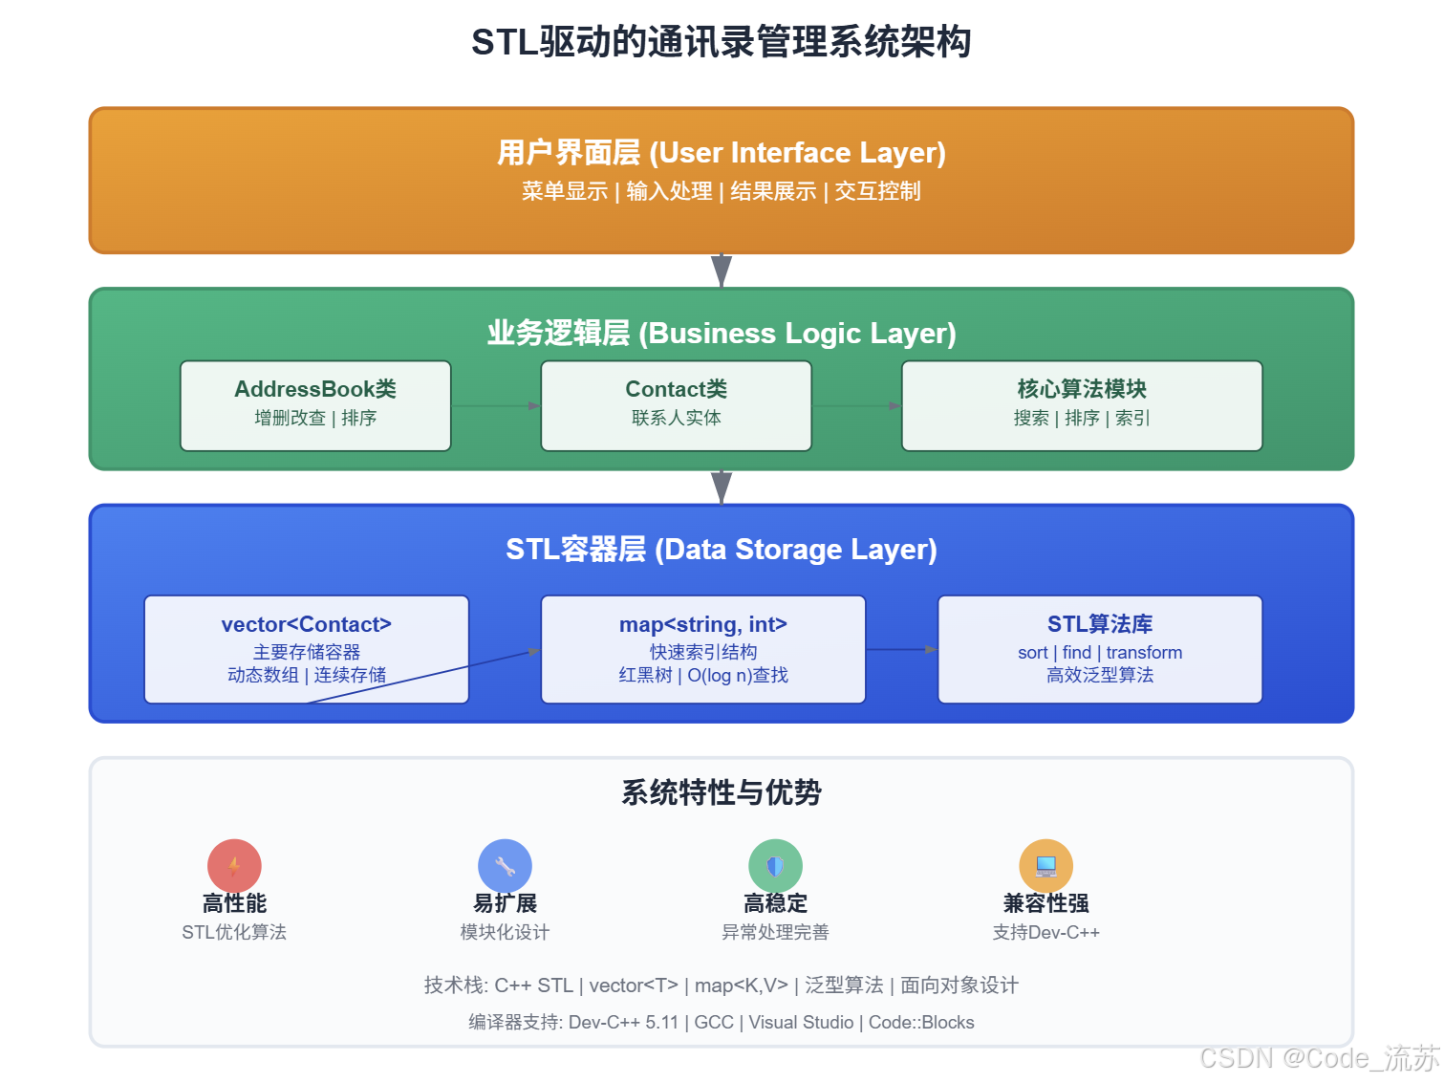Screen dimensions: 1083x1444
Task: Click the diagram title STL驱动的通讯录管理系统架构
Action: click(x=722, y=42)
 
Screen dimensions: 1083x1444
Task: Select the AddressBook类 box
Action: click(x=315, y=405)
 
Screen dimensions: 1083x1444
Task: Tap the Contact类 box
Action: click(x=676, y=405)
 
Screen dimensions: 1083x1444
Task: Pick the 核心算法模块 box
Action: click(x=1082, y=405)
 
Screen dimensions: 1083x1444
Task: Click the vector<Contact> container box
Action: click(x=306, y=649)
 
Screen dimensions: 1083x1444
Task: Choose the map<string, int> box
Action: click(x=702, y=649)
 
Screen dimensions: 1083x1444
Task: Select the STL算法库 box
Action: click(x=1100, y=649)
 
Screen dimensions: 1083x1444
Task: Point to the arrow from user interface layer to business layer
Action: click(x=722, y=271)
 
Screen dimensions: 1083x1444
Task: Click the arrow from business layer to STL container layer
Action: click(x=722, y=487)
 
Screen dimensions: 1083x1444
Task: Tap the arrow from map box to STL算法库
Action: click(x=901, y=650)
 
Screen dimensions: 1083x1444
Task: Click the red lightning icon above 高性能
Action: click(x=234, y=866)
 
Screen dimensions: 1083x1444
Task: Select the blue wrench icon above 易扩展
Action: click(x=505, y=866)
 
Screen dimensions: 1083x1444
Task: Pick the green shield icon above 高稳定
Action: click(x=775, y=866)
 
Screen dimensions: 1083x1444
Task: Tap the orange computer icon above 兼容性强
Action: click(x=1045, y=866)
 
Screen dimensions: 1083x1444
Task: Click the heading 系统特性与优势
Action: click(x=722, y=792)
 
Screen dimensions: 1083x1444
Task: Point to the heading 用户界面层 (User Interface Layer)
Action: click(x=722, y=153)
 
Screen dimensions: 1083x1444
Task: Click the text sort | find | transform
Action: click(x=1100, y=653)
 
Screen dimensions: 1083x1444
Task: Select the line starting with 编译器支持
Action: click(x=722, y=1023)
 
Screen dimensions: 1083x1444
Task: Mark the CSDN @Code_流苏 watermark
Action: click(x=1319, y=1058)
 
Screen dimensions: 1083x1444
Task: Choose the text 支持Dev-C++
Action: click(x=1045, y=932)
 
